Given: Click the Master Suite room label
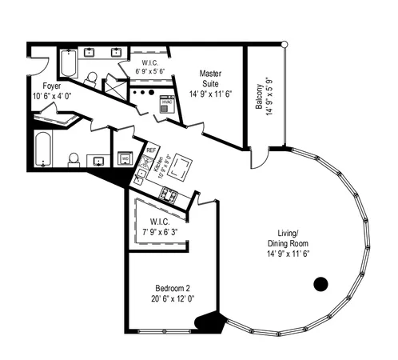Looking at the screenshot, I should tap(209, 78).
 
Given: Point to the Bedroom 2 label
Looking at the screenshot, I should tap(172, 288).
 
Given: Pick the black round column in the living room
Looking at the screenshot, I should tap(321, 283).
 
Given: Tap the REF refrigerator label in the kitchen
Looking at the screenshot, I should tap(150, 150).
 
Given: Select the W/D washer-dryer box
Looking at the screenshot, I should tap(125, 158).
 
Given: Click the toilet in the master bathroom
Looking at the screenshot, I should tap(91, 79).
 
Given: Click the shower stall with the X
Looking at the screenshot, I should tap(117, 86).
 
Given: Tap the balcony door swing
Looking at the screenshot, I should tap(257, 158).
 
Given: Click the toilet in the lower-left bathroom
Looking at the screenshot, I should tap(74, 160).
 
